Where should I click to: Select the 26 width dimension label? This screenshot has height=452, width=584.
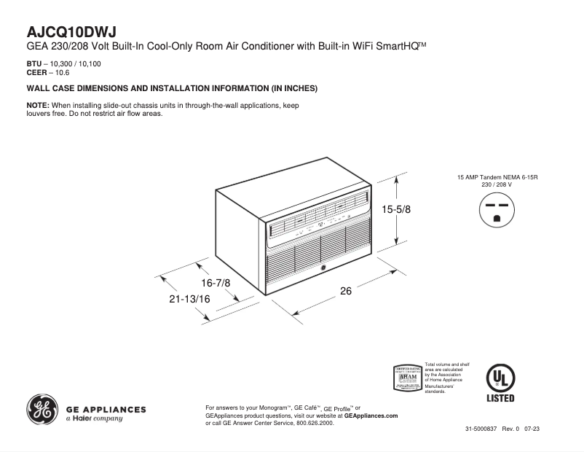coord(346,292)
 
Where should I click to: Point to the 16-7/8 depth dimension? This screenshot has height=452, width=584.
coord(216,283)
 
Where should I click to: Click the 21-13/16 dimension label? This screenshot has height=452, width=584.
coord(189,299)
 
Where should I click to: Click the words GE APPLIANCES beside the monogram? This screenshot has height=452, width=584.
coord(106,409)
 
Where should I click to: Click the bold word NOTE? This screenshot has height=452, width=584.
coord(37,106)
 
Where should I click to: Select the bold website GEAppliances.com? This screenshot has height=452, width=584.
coord(371,415)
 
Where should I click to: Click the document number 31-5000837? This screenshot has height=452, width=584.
coord(481,429)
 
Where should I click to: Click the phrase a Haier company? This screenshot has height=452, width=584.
coord(95,419)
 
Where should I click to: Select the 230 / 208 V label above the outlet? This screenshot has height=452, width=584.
coord(497,184)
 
